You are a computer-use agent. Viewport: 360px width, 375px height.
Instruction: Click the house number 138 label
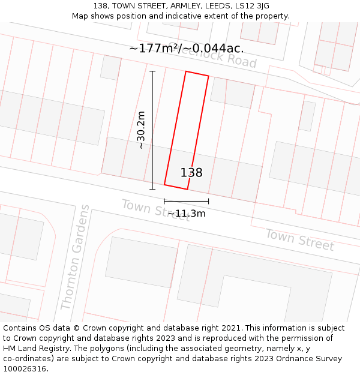pos(191,173)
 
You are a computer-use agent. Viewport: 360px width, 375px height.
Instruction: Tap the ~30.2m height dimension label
pos(141,130)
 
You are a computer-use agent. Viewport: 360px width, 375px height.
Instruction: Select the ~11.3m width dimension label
pos(186,213)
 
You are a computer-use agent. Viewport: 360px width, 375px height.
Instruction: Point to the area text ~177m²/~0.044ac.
pos(186,49)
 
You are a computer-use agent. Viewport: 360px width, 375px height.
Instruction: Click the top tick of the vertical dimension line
pos(152,71)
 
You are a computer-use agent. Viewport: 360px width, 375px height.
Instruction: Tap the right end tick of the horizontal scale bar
pos(208,201)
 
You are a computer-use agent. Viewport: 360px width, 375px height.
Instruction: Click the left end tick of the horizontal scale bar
pos(164,201)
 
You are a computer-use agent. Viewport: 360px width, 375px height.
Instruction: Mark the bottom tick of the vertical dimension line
pos(152,189)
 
